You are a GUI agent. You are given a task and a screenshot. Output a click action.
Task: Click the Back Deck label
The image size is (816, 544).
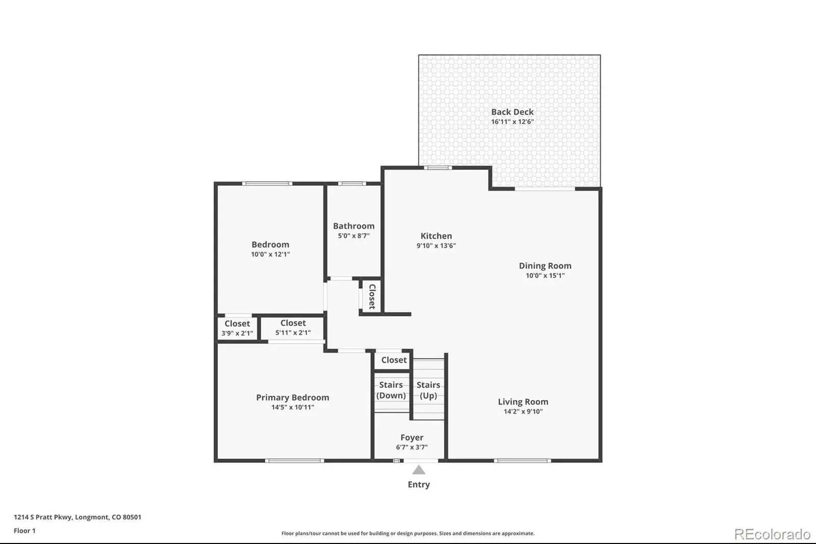tap(512, 112)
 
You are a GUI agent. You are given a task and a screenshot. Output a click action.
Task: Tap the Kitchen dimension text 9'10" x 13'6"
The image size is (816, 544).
tap(436, 245)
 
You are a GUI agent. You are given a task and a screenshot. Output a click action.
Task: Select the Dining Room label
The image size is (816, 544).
tap(545, 266)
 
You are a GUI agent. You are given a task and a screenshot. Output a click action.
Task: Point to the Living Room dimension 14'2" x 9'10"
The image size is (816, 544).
tap(523, 411)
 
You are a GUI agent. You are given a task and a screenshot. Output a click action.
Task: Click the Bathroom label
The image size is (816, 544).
tap(354, 226)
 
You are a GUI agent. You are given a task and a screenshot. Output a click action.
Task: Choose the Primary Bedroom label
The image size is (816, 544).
tap(293, 398)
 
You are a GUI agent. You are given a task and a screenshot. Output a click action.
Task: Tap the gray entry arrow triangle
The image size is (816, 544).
tap(419, 469)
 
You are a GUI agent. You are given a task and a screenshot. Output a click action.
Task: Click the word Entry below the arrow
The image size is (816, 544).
tap(419, 485)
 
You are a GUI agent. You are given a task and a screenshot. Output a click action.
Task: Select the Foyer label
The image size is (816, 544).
tap(412, 437)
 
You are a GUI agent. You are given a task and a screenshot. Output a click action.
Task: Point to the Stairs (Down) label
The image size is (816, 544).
tap(391, 390)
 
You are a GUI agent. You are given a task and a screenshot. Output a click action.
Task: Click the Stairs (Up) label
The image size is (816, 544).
tap(428, 390)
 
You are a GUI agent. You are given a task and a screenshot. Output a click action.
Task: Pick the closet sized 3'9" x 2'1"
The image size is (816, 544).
tap(237, 328)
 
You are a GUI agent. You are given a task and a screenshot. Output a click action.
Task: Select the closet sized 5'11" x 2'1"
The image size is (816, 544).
tap(293, 328)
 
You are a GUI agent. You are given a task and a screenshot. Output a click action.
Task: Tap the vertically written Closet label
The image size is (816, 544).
tap(372, 296)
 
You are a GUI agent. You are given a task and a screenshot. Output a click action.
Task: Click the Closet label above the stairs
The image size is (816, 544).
tap(394, 360)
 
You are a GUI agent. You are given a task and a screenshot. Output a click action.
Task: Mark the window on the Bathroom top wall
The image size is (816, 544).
tap(352, 183)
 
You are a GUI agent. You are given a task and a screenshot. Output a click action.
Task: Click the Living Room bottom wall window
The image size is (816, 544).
tap(522, 461)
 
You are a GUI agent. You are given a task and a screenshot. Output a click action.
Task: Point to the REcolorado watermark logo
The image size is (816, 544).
tap(772, 534)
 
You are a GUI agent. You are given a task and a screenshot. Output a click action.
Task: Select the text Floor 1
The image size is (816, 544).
tap(24, 531)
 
